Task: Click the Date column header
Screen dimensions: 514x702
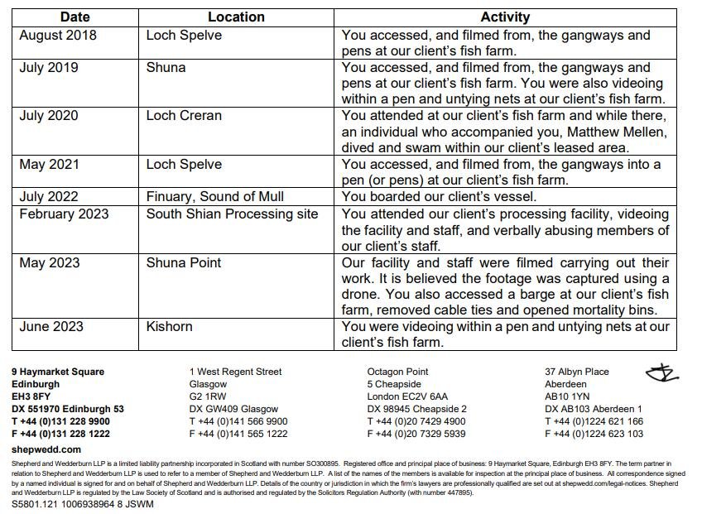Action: [75, 17]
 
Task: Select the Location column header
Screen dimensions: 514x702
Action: [236, 17]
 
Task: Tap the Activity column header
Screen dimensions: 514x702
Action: [505, 17]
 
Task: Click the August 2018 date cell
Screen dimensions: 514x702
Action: [58, 36]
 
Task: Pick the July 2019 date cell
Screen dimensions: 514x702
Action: [49, 68]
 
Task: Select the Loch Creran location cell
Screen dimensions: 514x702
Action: [184, 116]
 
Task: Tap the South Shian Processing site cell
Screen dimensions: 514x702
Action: [232, 214]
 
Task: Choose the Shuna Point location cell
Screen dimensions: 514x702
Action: [184, 263]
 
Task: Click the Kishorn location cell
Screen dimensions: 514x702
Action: [169, 327]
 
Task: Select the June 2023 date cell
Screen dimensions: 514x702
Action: [51, 327]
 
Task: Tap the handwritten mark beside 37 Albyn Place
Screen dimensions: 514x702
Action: [662, 374]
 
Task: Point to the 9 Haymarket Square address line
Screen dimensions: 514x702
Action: [58, 372]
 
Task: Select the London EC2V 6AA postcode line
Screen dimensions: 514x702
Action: [407, 397]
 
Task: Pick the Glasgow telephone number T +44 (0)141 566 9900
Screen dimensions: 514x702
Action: [238, 421]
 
